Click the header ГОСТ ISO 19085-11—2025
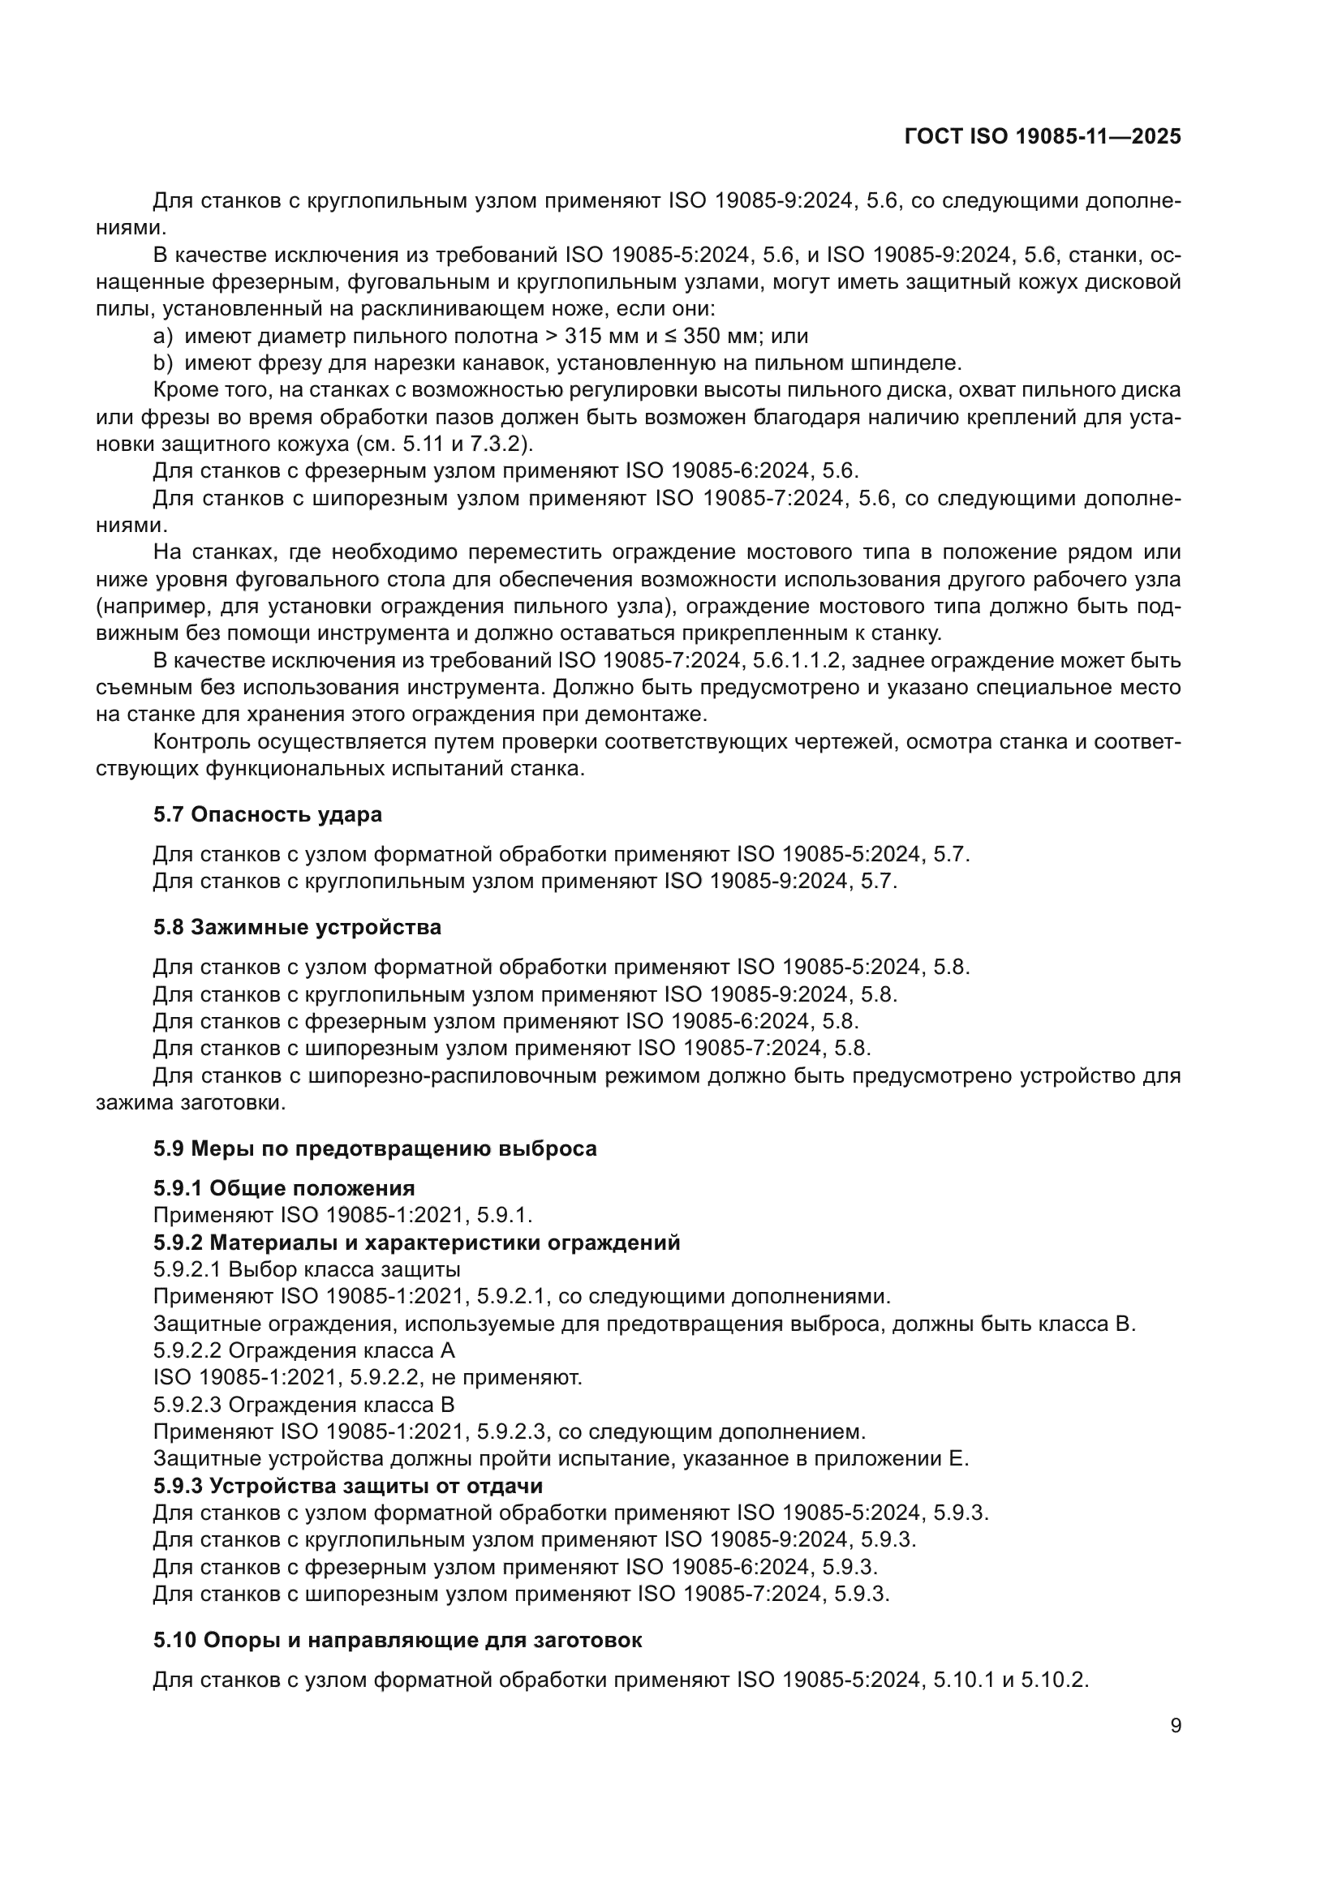(1042, 137)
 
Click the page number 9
(1176, 1725)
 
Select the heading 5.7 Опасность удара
(267, 814)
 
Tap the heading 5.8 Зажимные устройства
(297, 927)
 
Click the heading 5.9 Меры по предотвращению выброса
(374, 1148)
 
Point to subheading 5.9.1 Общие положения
(283, 1188)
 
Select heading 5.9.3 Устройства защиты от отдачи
(348, 1486)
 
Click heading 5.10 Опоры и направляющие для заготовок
(397, 1639)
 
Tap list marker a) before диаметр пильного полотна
(163, 337)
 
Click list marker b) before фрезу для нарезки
(163, 363)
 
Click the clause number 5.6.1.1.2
(798, 661)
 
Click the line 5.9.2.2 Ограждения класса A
(303, 1351)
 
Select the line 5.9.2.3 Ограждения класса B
(303, 1405)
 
